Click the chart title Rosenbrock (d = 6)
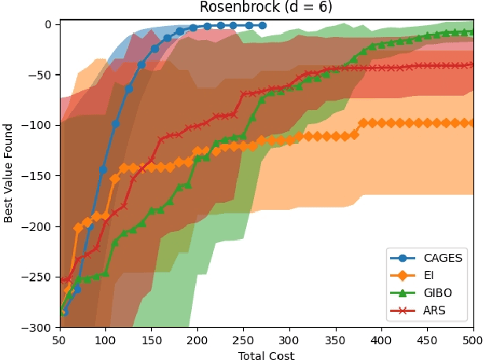click(x=266, y=8)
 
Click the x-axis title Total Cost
click(x=266, y=355)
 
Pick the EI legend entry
click(x=425, y=275)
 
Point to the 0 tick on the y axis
click(x=46, y=24)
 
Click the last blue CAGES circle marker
click(x=262, y=25)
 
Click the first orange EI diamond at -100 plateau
click(x=363, y=123)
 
